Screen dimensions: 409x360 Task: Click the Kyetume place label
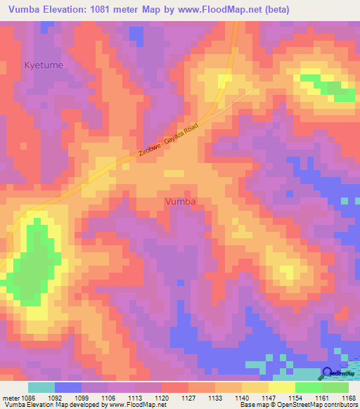coord(44,65)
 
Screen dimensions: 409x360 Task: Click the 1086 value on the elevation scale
coord(27,398)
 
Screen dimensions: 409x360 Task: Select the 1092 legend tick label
coord(56,398)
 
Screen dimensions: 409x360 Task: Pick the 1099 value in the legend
coord(82,398)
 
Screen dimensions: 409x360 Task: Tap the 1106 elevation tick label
coord(109,398)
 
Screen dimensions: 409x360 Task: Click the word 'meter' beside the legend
coord(9,398)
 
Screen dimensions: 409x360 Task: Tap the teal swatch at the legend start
coord(41,387)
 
